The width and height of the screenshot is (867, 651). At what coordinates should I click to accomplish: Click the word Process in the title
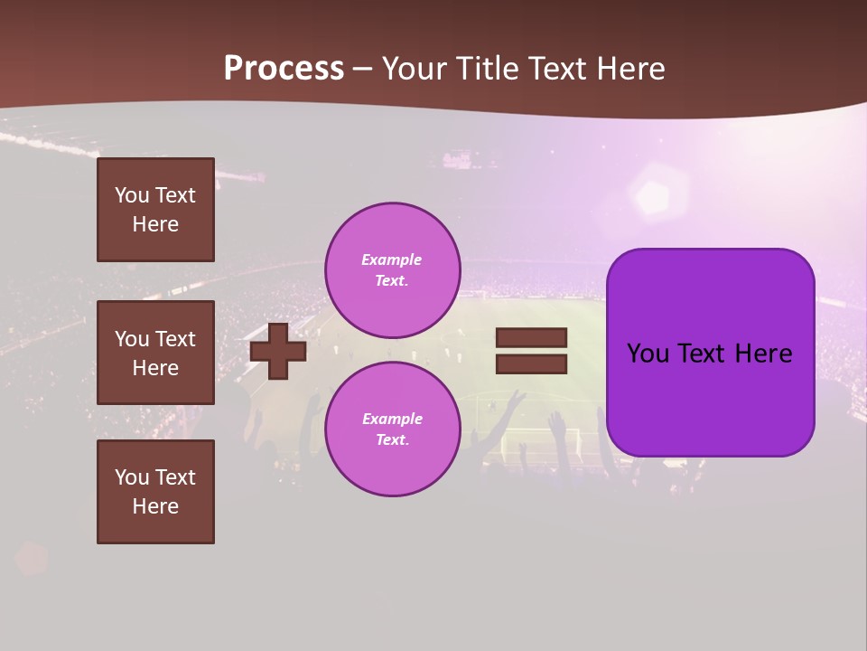coord(284,69)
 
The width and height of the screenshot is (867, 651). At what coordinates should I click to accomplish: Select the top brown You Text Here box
coord(155,210)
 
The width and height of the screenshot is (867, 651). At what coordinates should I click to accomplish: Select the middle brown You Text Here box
coord(155,353)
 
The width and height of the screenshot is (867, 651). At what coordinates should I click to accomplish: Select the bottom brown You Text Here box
coord(155,492)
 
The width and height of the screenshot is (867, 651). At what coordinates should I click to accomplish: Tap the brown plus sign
coord(278,351)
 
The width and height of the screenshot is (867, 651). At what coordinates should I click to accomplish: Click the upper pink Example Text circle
coord(392,269)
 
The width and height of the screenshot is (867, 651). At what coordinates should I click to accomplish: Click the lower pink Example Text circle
coord(392,429)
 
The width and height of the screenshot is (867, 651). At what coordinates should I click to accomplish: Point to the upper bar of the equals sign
coord(531,337)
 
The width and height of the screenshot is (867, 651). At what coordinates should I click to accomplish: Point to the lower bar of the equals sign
coord(531,363)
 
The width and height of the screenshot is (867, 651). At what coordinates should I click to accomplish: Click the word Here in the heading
coord(629,69)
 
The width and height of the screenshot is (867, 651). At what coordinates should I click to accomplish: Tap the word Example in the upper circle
coord(391,259)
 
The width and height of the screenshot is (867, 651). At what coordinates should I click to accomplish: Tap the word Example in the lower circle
coord(392,419)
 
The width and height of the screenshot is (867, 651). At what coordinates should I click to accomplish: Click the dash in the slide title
coord(362,69)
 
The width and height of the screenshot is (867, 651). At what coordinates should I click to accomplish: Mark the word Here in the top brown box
coord(155,224)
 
